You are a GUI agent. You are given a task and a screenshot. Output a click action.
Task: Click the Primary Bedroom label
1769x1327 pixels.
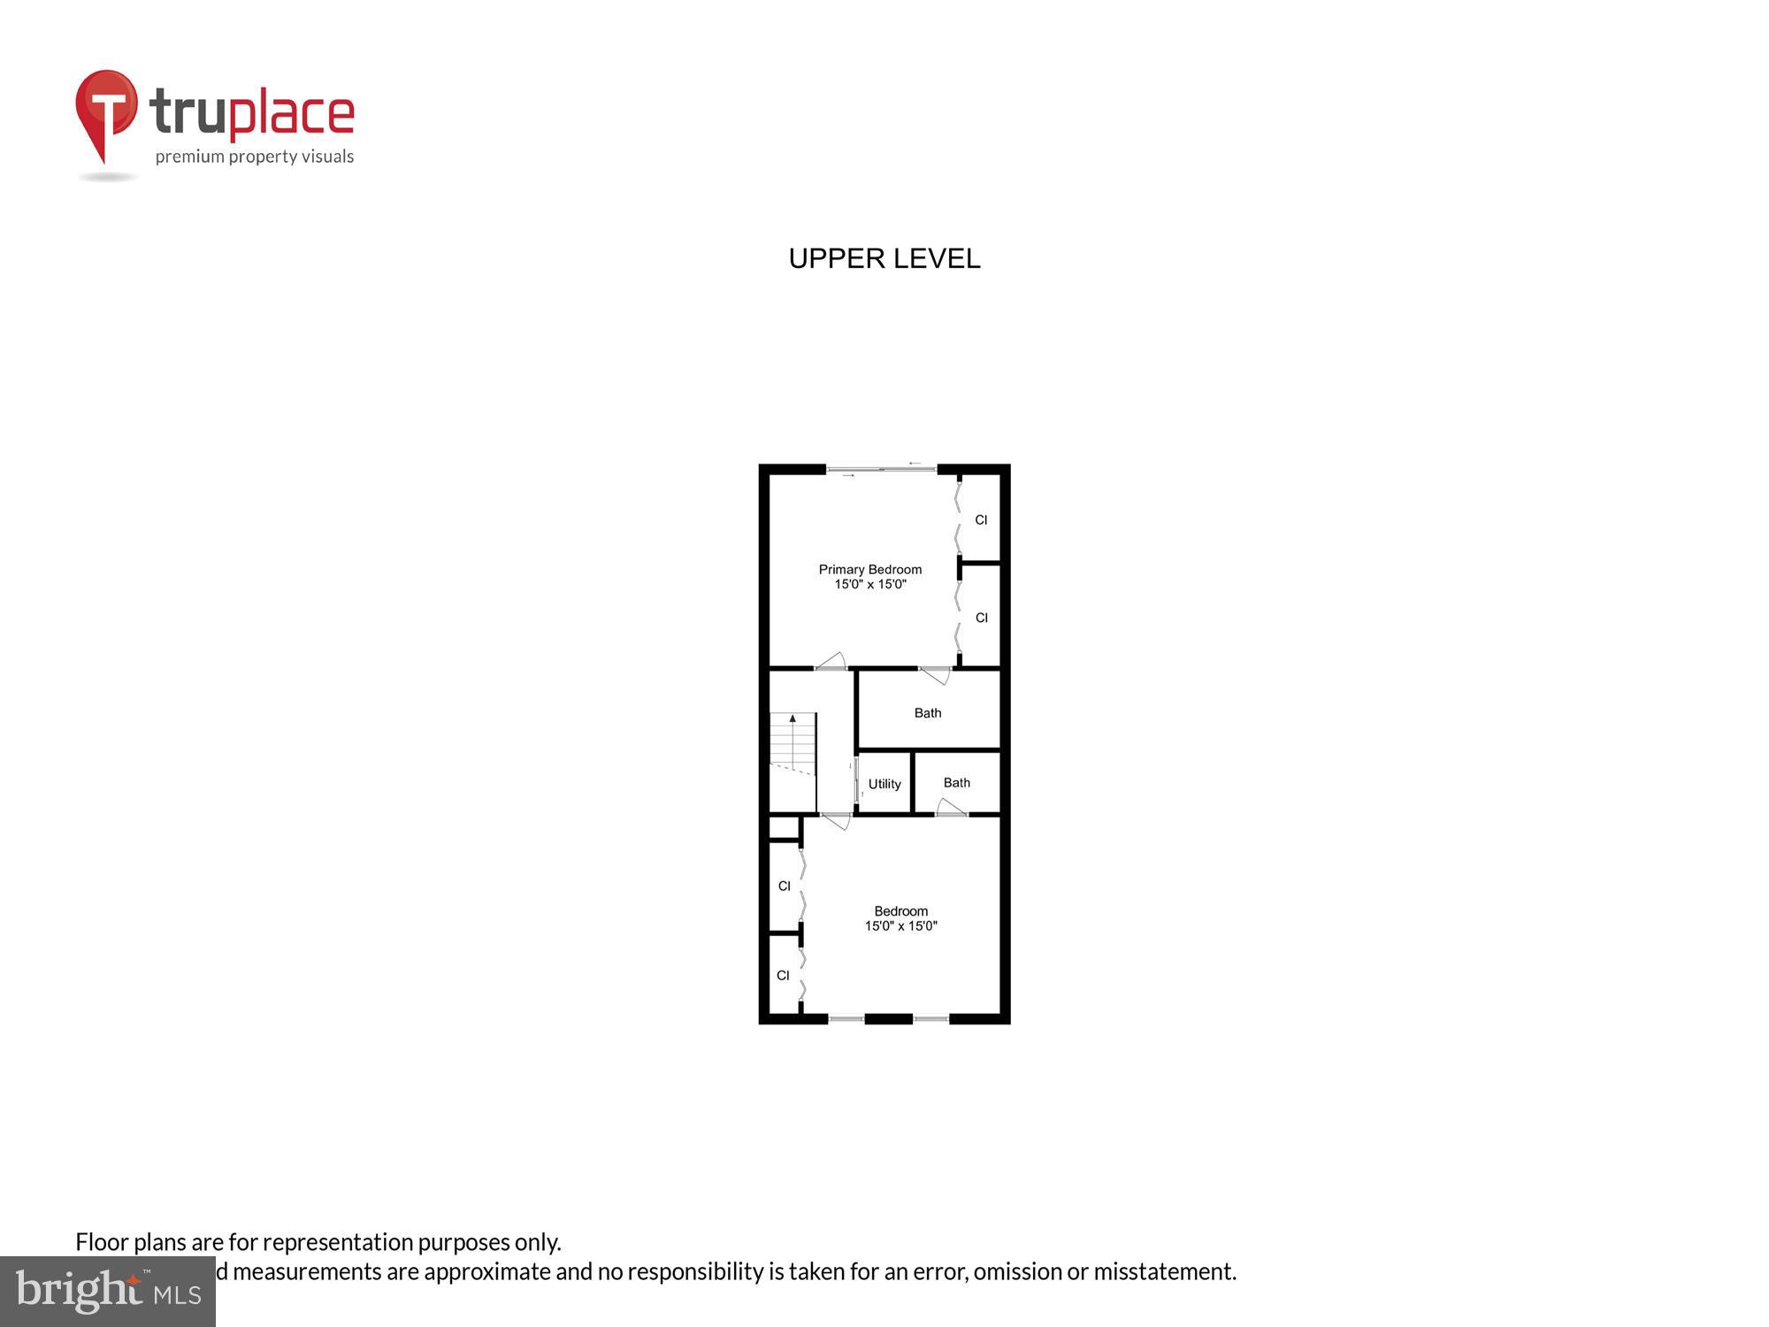coord(869,570)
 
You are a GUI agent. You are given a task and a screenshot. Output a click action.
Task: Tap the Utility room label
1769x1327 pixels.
coord(884,784)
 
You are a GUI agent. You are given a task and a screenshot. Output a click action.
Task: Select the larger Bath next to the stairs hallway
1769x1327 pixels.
coord(928,713)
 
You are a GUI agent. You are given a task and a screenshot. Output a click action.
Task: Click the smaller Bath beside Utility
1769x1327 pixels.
coord(956,783)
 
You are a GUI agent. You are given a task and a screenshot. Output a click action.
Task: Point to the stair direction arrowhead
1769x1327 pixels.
coord(793,718)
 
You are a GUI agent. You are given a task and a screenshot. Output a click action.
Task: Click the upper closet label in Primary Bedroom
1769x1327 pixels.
coord(981,520)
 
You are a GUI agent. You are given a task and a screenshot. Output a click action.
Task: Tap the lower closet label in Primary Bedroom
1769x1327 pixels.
coord(981,618)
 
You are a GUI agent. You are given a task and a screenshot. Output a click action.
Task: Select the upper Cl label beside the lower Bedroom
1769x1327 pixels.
coord(784,886)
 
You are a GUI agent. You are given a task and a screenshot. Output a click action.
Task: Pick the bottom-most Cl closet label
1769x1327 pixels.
coord(783,976)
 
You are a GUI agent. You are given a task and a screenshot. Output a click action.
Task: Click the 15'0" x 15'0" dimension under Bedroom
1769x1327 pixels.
coord(900,926)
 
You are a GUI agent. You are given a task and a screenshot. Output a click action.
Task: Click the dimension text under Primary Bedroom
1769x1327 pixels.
coord(869,585)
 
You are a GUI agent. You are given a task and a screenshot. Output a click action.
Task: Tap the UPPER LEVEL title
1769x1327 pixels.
coord(884,258)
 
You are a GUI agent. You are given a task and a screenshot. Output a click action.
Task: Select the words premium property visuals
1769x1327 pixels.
coord(255,157)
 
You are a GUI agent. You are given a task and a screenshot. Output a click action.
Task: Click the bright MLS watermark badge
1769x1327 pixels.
coord(107,1292)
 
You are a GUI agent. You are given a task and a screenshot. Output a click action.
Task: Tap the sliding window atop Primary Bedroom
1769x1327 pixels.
coord(882,469)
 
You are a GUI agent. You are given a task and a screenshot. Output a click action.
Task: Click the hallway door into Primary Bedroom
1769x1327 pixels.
coord(831,663)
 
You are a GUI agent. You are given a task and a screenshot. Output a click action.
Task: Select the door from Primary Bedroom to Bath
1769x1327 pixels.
coord(935,674)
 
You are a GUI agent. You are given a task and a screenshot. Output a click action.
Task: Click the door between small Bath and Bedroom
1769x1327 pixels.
coord(951,808)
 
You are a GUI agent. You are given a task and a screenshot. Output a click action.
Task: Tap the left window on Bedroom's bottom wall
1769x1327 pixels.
coord(846,1019)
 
